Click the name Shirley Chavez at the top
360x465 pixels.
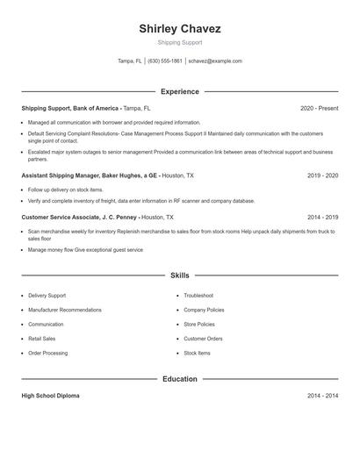point(180,29)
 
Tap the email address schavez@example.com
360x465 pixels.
point(215,61)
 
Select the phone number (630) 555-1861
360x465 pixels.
point(165,61)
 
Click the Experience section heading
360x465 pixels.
point(180,91)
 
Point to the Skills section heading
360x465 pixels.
point(180,275)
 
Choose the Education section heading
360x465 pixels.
point(180,379)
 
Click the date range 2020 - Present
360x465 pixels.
point(319,108)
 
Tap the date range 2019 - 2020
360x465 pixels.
point(323,175)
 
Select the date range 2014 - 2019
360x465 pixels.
point(323,216)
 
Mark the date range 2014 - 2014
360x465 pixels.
point(323,396)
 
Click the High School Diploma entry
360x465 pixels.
point(50,396)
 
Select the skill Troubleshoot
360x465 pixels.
point(198,296)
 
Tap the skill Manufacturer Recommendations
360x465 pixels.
point(65,310)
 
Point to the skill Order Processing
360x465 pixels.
point(47,353)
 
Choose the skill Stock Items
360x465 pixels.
point(197,353)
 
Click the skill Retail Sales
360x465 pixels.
point(41,339)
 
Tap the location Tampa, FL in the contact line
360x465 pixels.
point(130,61)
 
